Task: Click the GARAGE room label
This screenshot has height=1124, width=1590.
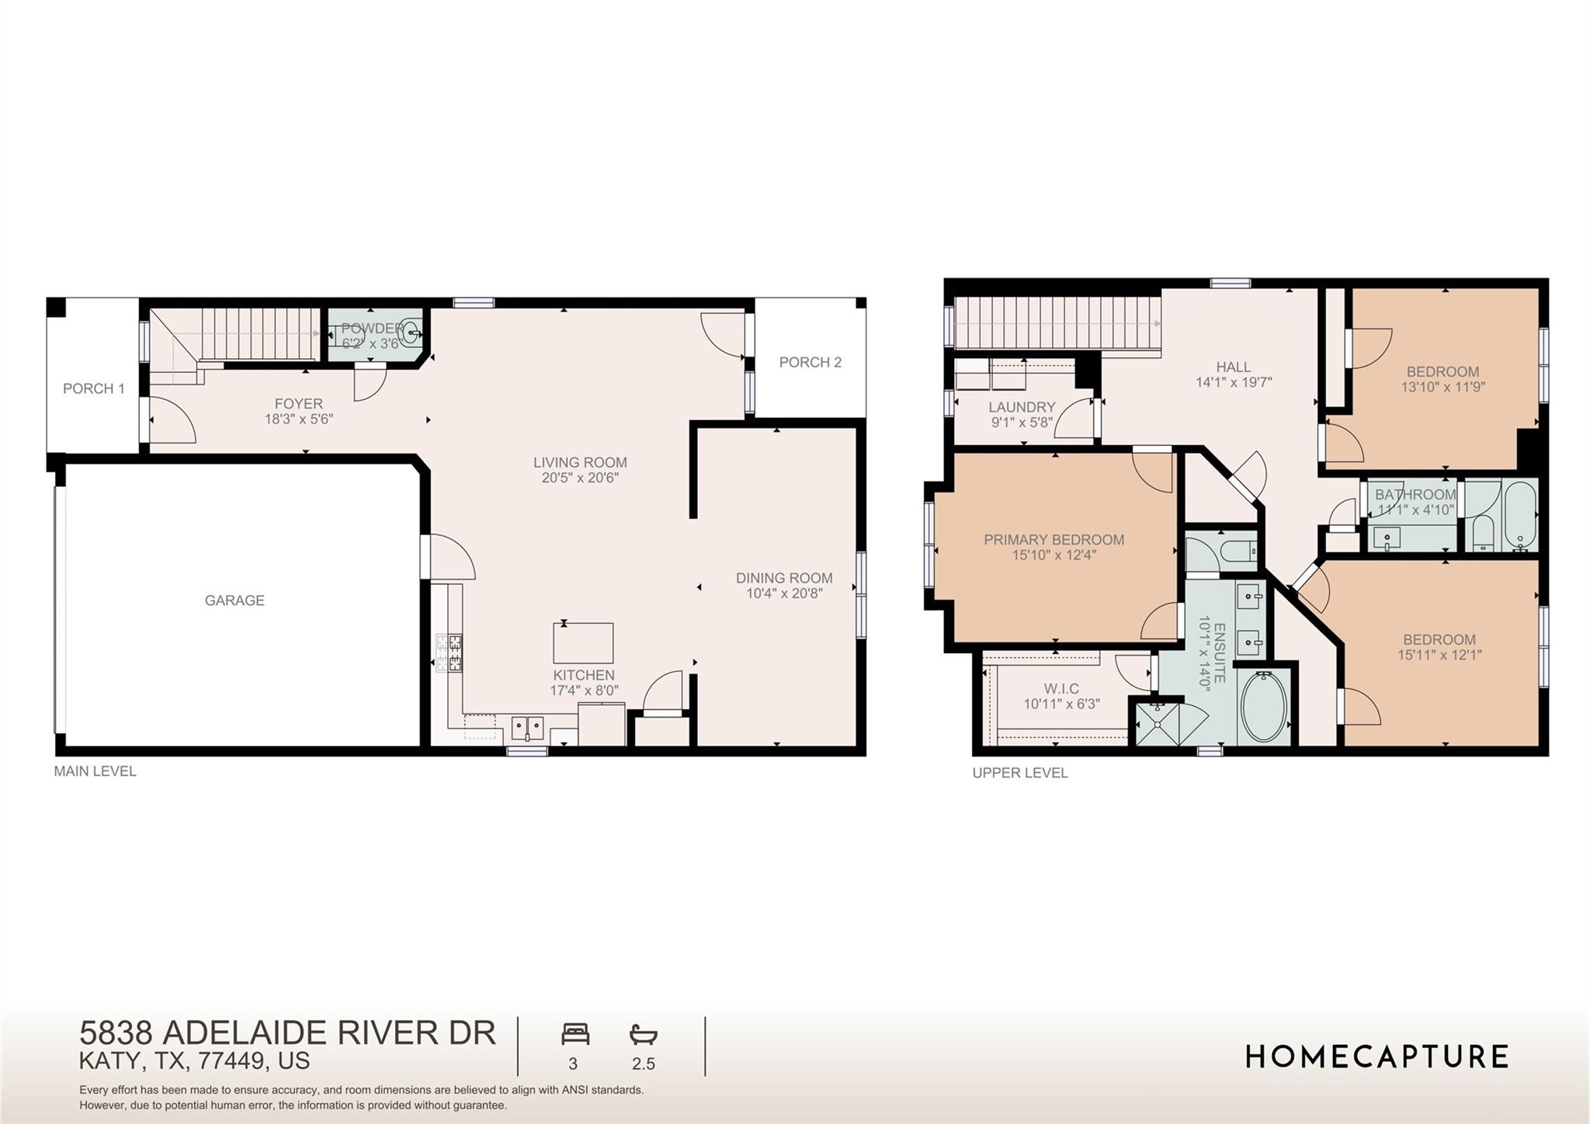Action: pos(234,600)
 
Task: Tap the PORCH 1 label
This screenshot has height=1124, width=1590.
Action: pos(93,388)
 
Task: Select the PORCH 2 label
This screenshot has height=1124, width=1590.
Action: pos(810,362)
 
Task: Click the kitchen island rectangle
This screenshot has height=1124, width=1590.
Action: pos(583,643)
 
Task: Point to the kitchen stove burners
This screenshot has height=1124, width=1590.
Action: pos(450,652)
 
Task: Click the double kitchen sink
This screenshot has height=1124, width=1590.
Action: pos(527,728)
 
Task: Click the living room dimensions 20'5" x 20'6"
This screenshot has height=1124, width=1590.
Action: pos(580,478)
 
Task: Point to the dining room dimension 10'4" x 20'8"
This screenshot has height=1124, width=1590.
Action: pos(784,593)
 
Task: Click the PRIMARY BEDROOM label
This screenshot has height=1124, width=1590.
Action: pos(1054,540)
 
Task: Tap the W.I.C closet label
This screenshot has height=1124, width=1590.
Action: pos(1061,689)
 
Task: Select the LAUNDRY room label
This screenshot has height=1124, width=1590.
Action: pos(1022,407)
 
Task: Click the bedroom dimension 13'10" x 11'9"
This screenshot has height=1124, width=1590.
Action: pos(1442,387)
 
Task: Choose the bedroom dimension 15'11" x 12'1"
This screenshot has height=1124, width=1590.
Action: pos(1439,655)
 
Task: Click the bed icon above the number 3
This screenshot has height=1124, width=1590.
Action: pos(575,1035)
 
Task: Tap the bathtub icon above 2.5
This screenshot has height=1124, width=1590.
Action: pos(643,1035)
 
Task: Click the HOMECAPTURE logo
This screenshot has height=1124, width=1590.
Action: pos(1376,1057)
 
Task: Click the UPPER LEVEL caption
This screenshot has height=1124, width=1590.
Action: pos(1019,773)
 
